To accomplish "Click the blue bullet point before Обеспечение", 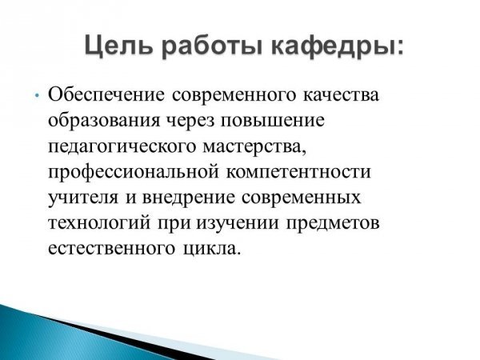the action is point(37,96).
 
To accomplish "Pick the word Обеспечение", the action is point(106,95).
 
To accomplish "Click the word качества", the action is point(341,95).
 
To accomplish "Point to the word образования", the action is point(104,121).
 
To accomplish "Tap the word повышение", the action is point(273,121).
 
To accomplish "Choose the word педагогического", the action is point(122,147).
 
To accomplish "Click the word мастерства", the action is point(254,147).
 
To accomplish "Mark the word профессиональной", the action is point(134,172).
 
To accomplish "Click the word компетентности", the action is point(298,172).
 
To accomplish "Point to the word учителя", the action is point(82,198).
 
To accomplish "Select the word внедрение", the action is point(188,198).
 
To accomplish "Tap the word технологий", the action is point(99,223).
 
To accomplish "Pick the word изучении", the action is point(238,224).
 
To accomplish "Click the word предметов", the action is point(333,224).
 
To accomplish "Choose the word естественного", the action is point(112,249).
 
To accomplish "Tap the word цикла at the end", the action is point(210,249).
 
